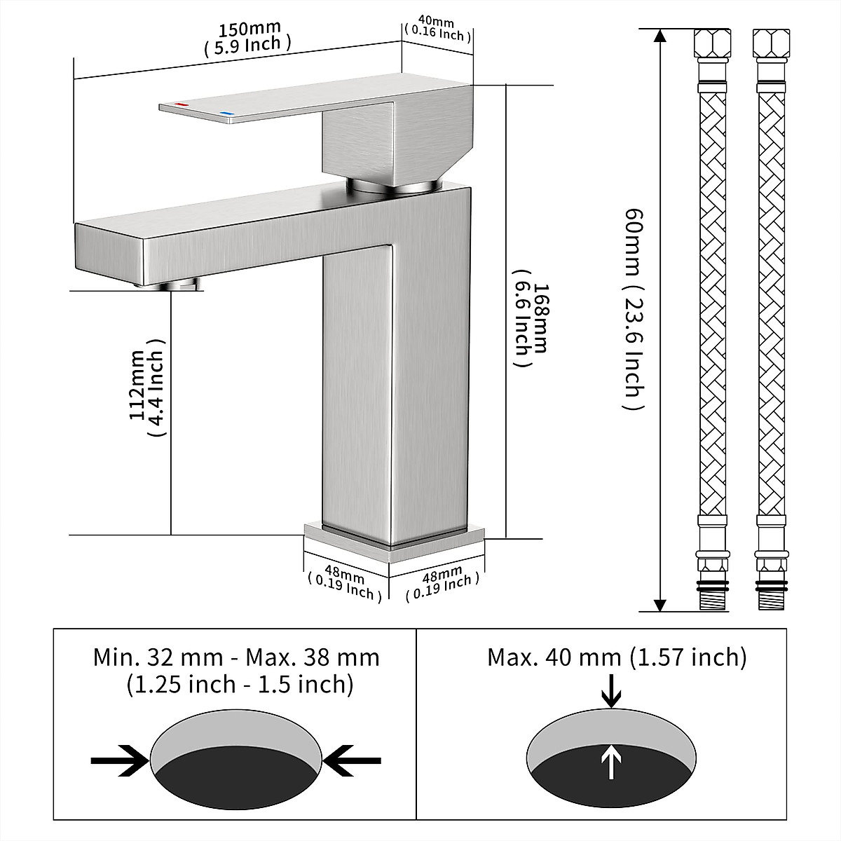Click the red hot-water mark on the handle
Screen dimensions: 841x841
[x=182, y=105]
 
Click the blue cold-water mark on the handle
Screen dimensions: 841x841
[x=226, y=113]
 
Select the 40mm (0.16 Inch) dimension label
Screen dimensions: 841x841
[x=437, y=29]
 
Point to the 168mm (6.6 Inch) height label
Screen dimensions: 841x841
[x=531, y=327]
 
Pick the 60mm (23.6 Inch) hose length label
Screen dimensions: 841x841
[x=633, y=308]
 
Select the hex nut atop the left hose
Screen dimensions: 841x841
[x=712, y=43]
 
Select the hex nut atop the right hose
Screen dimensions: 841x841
[x=771, y=43]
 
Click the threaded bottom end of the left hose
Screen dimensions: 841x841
[x=712, y=600]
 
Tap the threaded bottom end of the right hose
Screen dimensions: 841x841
[x=771, y=600]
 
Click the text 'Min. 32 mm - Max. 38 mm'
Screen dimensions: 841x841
[x=236, y=657]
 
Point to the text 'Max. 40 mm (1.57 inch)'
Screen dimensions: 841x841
[x=617, y=657]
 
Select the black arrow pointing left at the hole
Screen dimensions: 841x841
[x=353, y=760]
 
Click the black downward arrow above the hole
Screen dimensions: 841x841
[x=612, y=690]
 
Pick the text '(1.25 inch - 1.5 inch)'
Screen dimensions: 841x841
[x=240, y=684]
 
